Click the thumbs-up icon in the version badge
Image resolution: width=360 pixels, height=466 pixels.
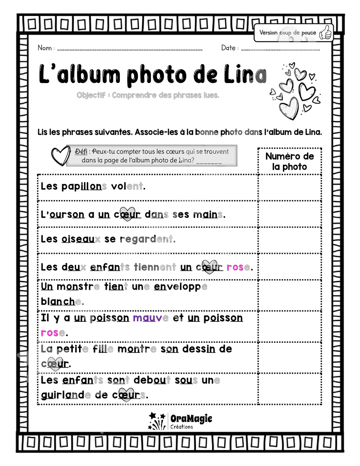[325, 33]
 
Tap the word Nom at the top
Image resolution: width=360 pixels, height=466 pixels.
[45, 48]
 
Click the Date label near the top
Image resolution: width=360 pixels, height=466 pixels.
[228, 48]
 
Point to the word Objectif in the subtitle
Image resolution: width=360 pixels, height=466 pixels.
[91, 95]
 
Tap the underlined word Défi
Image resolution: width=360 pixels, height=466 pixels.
[81, 151]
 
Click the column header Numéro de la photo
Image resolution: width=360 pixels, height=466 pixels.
[290, 161]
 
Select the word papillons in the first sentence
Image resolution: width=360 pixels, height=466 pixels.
[84, 186]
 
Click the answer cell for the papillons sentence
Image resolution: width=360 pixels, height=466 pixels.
[290, 188]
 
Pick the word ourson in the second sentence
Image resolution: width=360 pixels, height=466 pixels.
[67, 214]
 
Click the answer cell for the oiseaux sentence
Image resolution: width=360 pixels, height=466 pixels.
[290, 240]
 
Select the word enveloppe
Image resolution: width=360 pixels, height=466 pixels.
[180, 287]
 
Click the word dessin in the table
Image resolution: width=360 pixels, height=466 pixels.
[199, 349]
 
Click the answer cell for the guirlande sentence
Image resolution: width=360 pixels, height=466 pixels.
[290, 389]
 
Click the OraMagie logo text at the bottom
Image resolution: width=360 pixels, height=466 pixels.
[191, 418]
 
